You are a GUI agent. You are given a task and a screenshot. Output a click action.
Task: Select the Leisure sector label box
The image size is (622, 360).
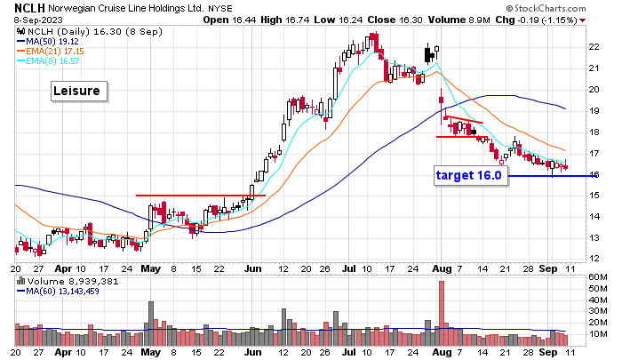(78, 91)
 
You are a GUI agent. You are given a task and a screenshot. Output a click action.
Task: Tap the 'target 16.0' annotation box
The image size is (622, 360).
(469, 175)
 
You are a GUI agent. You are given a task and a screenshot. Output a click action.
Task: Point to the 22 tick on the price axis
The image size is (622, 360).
(592, 46)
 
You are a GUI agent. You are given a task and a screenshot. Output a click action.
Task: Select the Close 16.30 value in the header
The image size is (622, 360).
(376, 19)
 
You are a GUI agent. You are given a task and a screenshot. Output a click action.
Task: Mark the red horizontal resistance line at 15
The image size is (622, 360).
(200, 195)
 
